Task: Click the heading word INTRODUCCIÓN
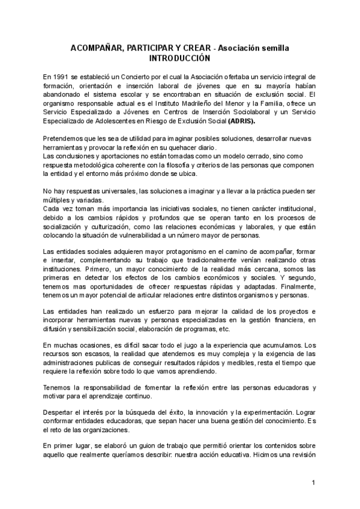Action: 180,58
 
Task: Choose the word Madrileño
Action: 188,103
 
